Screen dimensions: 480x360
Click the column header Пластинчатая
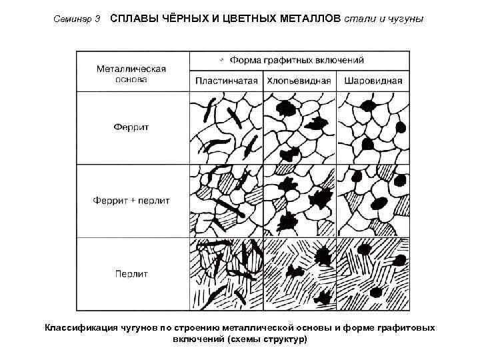[x=227, y=81]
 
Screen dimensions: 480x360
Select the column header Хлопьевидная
[x=299, y=81]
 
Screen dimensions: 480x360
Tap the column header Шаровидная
[x=373, y=81]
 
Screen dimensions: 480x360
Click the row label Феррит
[x=131, y=127]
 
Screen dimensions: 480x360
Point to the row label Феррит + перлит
[x=131, y=199]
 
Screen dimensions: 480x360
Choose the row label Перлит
[x=131, y=273]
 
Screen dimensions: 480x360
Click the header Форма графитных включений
[x=297, y=60]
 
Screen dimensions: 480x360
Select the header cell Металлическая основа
[x=131, y=73]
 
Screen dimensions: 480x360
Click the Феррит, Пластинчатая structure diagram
[x=226, y=127]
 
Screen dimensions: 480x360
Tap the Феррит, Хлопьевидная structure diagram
[x=299, y=127]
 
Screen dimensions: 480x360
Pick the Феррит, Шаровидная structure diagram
[x=373, y=127]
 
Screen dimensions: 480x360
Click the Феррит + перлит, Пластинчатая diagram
[x=226, y=201]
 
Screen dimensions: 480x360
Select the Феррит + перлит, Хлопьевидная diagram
[x=299, y=201]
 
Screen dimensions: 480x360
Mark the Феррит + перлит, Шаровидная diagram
[x=373, y=201]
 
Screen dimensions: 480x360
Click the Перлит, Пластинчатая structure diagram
[x=226, y=274]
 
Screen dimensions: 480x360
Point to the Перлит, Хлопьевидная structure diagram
[x=299, y=274]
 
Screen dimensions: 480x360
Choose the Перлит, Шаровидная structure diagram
[x=373, y=274]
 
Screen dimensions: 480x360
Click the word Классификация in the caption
[x=81, y=328]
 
